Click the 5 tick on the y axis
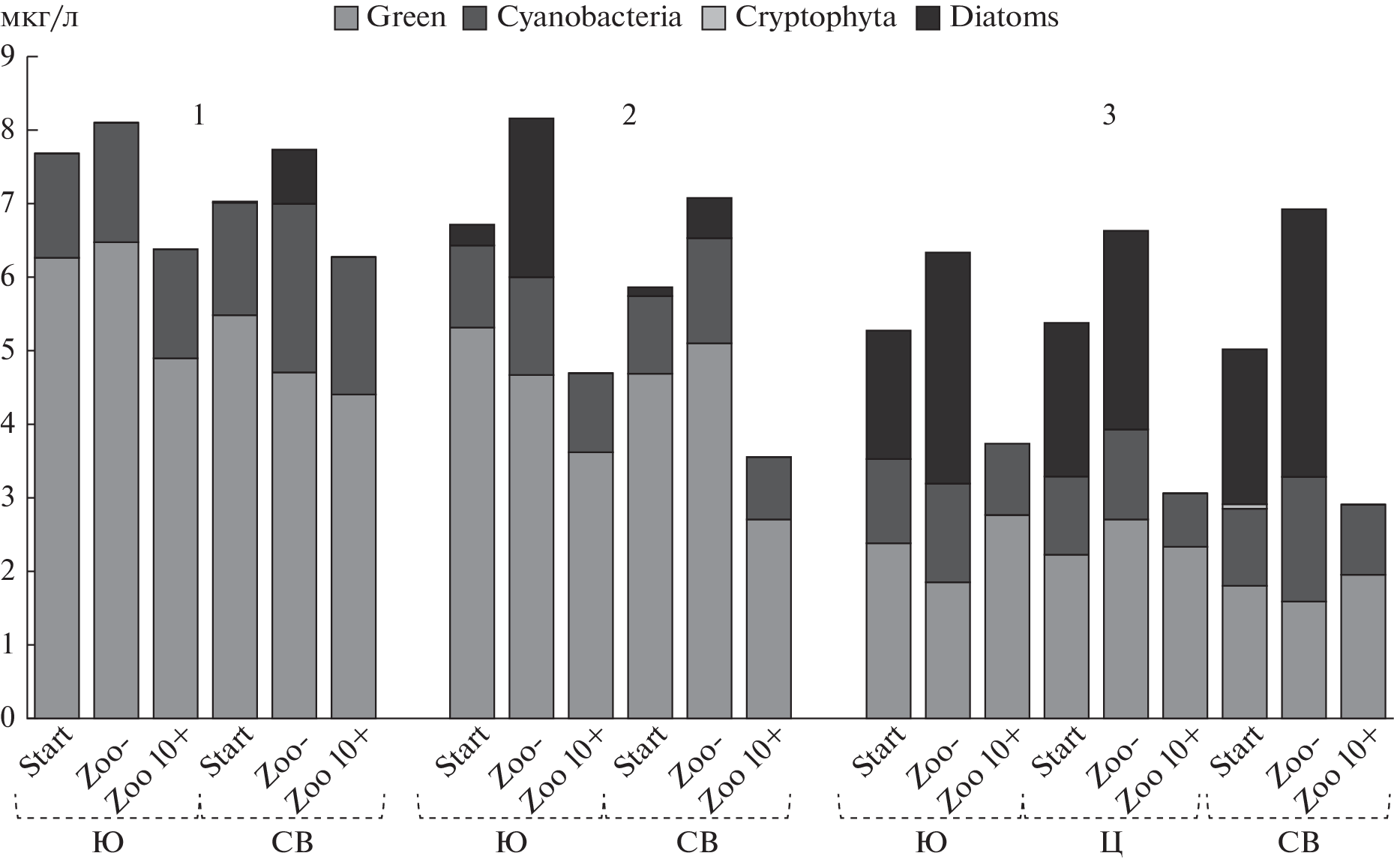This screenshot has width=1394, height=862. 9,350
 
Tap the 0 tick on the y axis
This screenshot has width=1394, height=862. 9,718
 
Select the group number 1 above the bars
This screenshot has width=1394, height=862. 199,116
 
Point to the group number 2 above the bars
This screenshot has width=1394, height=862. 628,116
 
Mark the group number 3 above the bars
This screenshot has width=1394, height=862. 1108,116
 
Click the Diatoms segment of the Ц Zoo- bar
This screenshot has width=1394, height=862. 1126,330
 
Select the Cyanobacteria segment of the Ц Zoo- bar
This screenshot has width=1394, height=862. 1126,474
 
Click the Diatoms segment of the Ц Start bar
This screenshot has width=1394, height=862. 1066,400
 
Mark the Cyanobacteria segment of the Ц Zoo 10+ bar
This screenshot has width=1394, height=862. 1185,520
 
